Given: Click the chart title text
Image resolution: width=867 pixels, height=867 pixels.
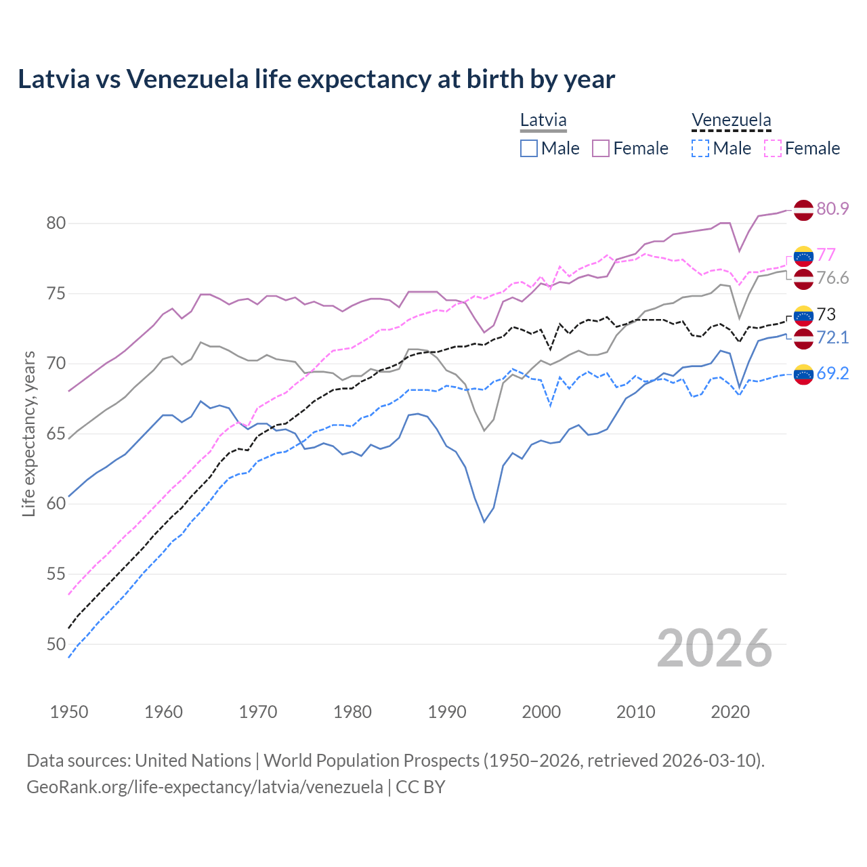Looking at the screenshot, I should [316, 79].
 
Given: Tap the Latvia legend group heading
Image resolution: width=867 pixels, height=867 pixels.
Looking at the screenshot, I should [543, 120].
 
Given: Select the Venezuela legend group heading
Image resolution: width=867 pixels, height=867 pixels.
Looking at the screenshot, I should [731, 120].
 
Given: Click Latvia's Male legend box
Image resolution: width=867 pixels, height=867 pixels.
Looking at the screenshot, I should [529, 148].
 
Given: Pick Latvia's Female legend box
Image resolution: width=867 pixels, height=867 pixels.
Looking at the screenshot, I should [601, 148].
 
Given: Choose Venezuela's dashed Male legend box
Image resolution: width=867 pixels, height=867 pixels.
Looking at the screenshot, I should [700, 148].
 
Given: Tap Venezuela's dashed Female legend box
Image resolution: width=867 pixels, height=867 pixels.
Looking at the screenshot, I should [773, 148].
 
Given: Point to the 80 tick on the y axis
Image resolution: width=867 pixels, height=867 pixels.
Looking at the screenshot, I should [56, 223].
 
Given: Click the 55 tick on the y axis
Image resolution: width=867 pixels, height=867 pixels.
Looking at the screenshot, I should [56, 574].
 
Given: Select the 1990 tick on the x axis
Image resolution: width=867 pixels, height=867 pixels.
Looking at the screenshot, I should [447, 712].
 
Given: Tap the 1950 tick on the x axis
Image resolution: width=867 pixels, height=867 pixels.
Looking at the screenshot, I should [69, 712].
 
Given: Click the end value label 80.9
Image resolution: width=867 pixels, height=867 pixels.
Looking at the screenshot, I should [832, 209].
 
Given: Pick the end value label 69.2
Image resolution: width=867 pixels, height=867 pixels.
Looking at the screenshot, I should [832, 373].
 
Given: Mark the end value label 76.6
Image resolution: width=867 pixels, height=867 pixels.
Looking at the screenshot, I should [832, 278].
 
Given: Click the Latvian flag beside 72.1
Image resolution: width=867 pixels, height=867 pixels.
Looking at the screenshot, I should [803, 339].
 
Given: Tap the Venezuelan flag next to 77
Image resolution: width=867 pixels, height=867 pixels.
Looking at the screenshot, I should [803, 256].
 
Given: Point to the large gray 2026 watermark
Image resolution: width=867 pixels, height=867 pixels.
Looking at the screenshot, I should [714, 648].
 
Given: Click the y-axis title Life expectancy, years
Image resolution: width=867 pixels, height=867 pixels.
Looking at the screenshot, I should [28, 433].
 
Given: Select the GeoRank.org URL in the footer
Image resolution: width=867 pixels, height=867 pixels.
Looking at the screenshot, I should [205, 787].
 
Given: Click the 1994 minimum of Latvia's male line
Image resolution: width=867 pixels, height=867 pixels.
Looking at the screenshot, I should [484, 522].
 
